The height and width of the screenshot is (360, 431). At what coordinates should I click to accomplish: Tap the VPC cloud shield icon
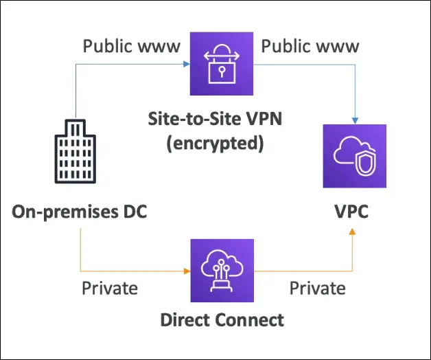[x=355, y=156]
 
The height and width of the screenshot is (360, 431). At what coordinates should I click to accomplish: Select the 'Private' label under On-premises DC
[x=110, y=287]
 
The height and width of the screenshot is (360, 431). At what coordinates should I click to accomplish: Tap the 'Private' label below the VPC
[x=316, y=287]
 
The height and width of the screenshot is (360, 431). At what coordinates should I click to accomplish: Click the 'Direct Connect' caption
[x=222, y=319]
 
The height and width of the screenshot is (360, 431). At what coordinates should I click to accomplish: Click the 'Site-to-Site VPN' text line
[x=216, y=119]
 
